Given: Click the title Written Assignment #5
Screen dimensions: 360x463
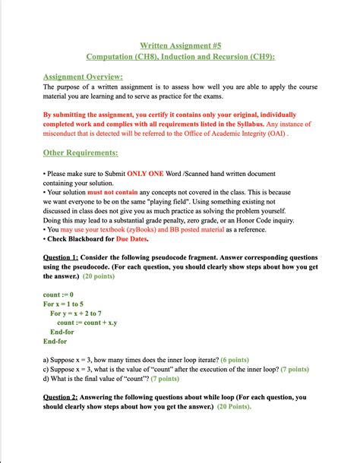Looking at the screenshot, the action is (x=180, y=45).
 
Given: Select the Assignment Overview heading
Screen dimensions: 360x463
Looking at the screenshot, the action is (x=83, y=77).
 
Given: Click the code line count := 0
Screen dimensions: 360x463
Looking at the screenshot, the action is (x=58, y=294).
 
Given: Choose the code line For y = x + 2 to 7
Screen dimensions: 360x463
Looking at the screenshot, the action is (x=76, y=313).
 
